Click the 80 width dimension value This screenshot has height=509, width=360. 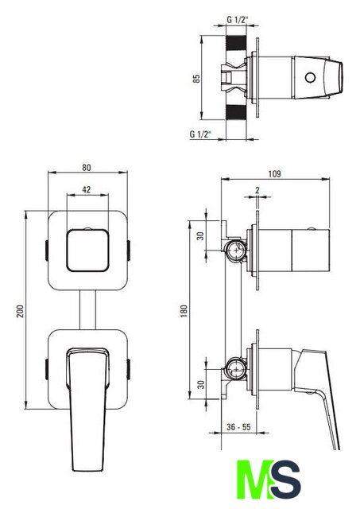[87, 168]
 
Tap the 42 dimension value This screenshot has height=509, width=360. [87, 189]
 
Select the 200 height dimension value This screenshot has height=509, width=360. [20, 311]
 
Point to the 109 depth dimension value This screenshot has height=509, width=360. [274, 173]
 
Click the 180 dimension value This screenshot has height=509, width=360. [184, 311]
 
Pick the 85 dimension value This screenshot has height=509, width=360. [196, 79]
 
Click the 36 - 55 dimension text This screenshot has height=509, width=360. [238, 427]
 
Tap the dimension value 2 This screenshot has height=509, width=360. [257, 190]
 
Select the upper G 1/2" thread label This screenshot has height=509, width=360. [238, 20]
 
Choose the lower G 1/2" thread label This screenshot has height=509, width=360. [200, 134]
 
